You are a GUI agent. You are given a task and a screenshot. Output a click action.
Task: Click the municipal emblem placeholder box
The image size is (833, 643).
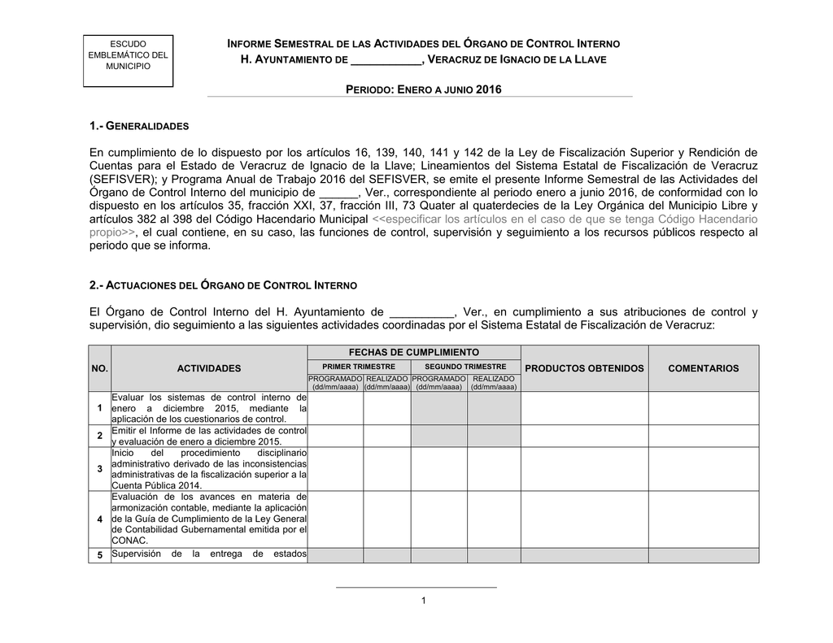click(x=128, y=61)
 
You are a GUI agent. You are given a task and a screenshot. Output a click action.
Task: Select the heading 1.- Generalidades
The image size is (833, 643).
click(x=138, y=127)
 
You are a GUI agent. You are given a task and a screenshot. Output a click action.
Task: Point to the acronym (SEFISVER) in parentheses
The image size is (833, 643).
click(x=123, y=179)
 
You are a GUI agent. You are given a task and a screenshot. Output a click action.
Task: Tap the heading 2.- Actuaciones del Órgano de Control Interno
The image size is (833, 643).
click(x=223, y=286)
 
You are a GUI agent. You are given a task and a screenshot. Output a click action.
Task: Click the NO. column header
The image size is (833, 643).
click(x=99, y=368)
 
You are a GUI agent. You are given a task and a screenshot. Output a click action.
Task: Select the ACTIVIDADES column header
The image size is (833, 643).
click(x=209, y=368)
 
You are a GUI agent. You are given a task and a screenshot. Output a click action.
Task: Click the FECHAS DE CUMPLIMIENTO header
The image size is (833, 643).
click(x=414, y=351)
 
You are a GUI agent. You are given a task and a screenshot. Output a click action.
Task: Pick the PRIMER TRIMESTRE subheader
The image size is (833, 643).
click(x=359, y=367)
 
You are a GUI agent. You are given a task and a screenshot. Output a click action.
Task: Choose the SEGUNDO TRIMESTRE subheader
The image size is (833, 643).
click(x=465, y=367)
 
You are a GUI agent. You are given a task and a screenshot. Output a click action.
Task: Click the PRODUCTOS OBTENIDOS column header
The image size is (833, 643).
click(x=584, y=368)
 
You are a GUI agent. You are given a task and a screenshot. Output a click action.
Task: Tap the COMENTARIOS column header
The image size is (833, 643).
click(x=703, y=368)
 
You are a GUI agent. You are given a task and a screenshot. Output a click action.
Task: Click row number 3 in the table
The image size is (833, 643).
click(x=99, y=469)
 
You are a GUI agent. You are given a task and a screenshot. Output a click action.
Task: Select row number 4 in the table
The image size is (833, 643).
click(x=99, y=519)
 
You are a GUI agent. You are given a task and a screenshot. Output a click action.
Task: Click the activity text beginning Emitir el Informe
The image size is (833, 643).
click(x=208, y=435)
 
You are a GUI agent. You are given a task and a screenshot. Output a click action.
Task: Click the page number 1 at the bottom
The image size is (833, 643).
click(x=424, y=600)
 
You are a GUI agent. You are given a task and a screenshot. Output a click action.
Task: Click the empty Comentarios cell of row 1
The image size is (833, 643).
click(x=703, y=408)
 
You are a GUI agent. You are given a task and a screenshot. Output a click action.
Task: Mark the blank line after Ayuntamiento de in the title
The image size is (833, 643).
click(x=385, y=62)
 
